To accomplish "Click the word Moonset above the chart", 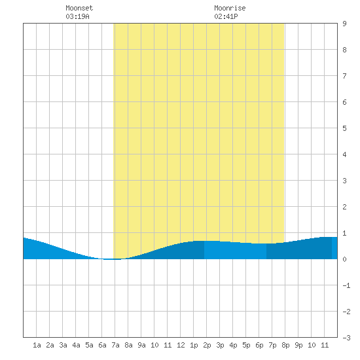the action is (79, 8).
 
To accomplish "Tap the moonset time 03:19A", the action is (77, 16).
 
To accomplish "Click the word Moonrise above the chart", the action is (230, 8).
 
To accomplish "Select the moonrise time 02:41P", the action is (226, 16).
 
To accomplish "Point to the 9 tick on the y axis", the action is (344, 24).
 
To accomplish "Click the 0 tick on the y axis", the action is (344, 259).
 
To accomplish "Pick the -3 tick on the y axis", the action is (346, 338).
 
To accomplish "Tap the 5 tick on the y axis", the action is (344, 128).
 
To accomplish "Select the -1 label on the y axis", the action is (346, 285).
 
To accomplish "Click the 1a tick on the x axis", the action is (37, 345).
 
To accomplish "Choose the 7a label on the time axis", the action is (115, 345).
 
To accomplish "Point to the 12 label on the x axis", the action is (181, 345).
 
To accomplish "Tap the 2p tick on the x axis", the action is (207, 345).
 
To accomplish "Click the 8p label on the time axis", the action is (285, 345).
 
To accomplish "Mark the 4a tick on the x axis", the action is (76, 345).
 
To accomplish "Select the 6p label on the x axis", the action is (259, 345).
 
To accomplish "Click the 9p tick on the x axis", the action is (298, 345).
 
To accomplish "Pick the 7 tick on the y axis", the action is (344, 76).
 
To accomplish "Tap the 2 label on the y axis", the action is (344, 207).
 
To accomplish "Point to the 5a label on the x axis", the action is (89, 345).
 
